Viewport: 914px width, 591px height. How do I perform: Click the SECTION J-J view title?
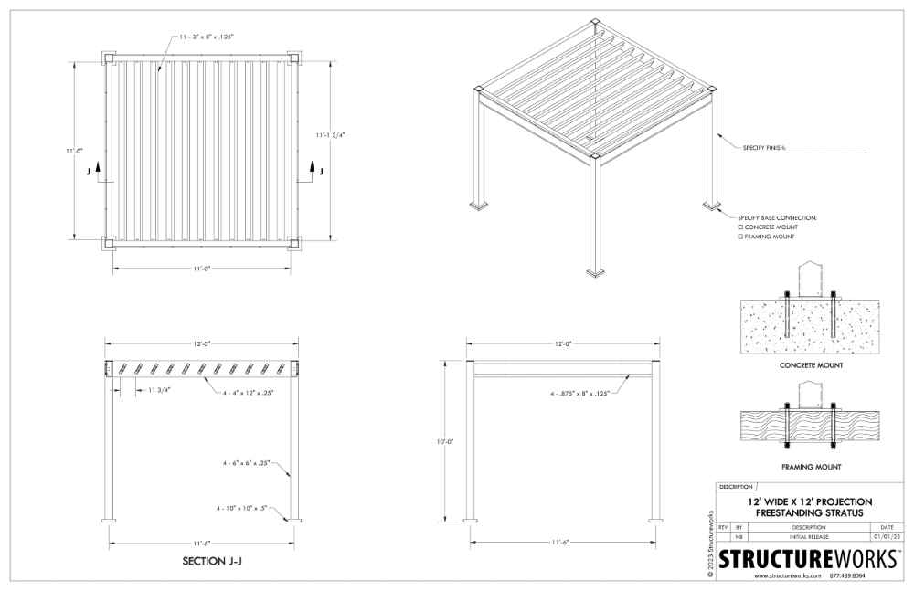[212, 561]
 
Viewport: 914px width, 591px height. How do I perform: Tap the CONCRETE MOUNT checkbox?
[740, 227]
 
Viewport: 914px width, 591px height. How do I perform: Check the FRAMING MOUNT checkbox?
[740, 237]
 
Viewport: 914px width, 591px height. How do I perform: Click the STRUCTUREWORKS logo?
[807, 558]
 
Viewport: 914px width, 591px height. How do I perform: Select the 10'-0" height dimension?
[445, 441]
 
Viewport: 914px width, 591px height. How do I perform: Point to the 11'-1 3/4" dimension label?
[331, 135]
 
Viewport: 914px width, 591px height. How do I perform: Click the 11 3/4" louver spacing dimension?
[158, 390]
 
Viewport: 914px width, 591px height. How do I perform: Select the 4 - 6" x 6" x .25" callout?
[246, 463]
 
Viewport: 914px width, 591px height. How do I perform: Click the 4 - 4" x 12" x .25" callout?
[249, 392]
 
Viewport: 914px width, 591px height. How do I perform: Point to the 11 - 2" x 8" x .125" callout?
[207, 37]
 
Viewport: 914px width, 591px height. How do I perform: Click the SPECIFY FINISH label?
[764, 148]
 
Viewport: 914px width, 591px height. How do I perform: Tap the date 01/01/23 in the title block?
[887, 536]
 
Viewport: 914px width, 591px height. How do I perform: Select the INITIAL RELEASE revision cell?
[809, 536]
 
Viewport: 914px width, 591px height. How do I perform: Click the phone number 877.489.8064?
[847, 575]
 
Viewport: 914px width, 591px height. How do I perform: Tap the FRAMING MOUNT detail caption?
[811, 467]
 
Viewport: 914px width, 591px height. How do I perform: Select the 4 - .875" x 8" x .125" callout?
[580, 394]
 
